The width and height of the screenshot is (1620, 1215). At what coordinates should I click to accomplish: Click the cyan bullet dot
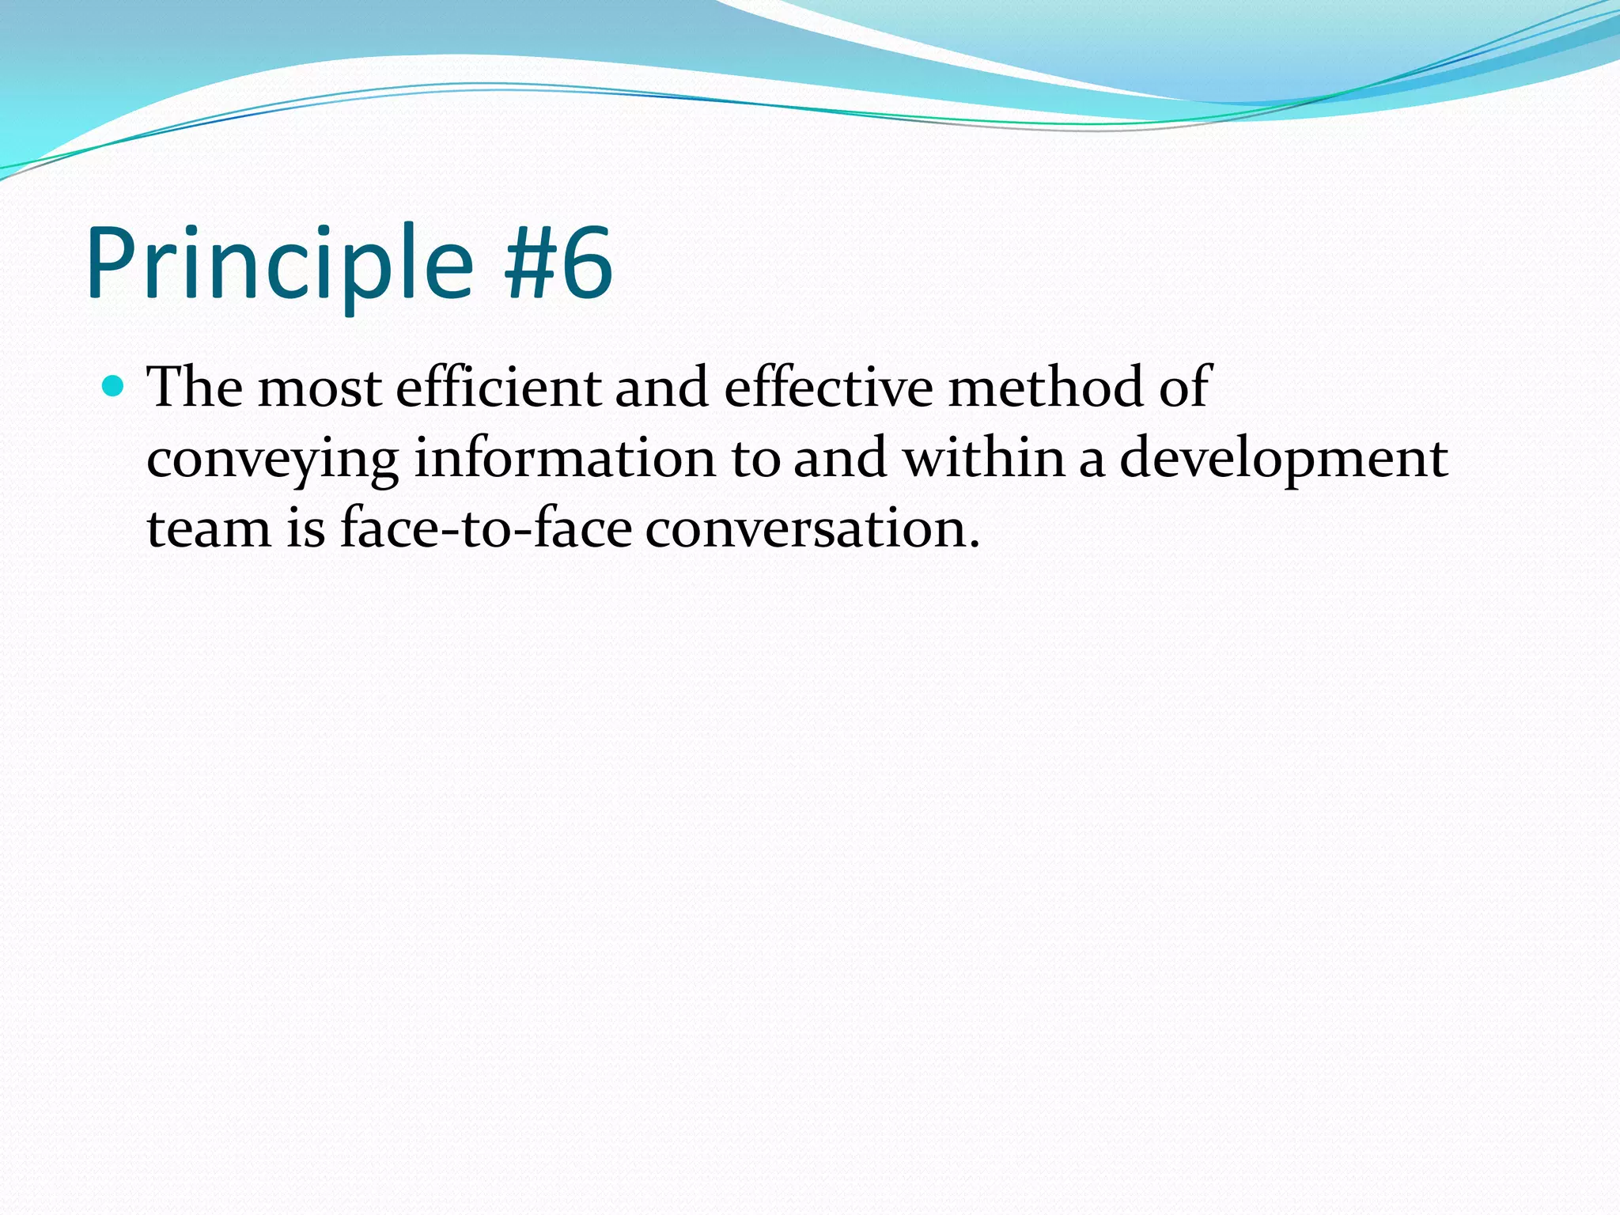tap(115, 386)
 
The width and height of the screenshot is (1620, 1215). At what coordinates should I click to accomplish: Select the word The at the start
tap(195, 388)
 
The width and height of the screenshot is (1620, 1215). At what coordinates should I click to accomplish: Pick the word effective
tap(828, 388)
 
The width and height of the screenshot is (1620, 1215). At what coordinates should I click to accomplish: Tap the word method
tap(1046, 388)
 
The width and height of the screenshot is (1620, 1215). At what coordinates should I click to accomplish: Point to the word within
tap(984, 458)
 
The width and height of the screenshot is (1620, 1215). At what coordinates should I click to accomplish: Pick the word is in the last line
tap(305, 528)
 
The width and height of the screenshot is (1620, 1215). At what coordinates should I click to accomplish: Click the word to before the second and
tap(755, 460)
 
